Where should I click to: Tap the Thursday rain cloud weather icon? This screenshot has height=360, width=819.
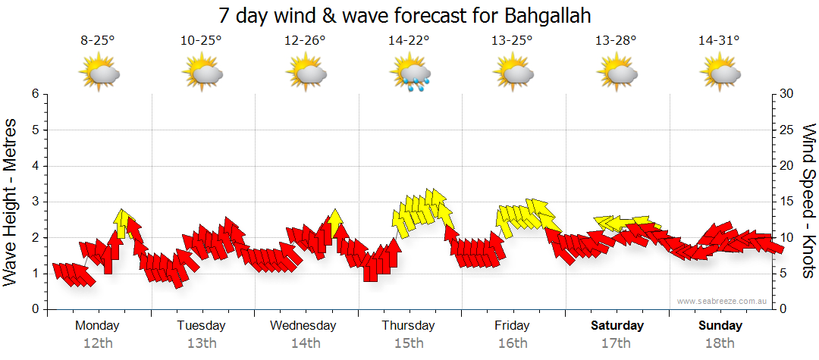click(x=409, y=74)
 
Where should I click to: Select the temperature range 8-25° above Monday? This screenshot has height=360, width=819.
click(x=97, y=41)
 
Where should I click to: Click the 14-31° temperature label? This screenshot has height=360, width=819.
click(x=719, y=41)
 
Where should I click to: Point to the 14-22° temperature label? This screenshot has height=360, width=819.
click(x=409, y=41)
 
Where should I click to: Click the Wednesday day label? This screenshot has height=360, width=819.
click(x=303, y=325)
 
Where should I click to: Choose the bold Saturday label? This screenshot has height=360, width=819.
click(x=617, y=325)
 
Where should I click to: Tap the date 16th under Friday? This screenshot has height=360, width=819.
click(x=513, y=343)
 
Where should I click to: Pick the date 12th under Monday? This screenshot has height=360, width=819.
click(x=97, y=343)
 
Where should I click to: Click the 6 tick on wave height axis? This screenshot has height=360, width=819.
click(x=35, y=94)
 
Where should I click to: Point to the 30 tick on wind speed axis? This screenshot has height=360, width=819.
click(x=786, y=94)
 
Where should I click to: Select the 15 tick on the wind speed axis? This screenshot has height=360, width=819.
click(x=786, y=202)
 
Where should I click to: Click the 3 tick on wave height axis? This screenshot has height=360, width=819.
click(x=35, y=202)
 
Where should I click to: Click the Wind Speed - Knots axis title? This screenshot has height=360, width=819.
click(x=808, y=202)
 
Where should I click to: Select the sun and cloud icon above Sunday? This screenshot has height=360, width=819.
click(x=720, y=74)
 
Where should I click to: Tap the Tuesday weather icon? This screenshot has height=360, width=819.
click(x=202, y=74)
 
